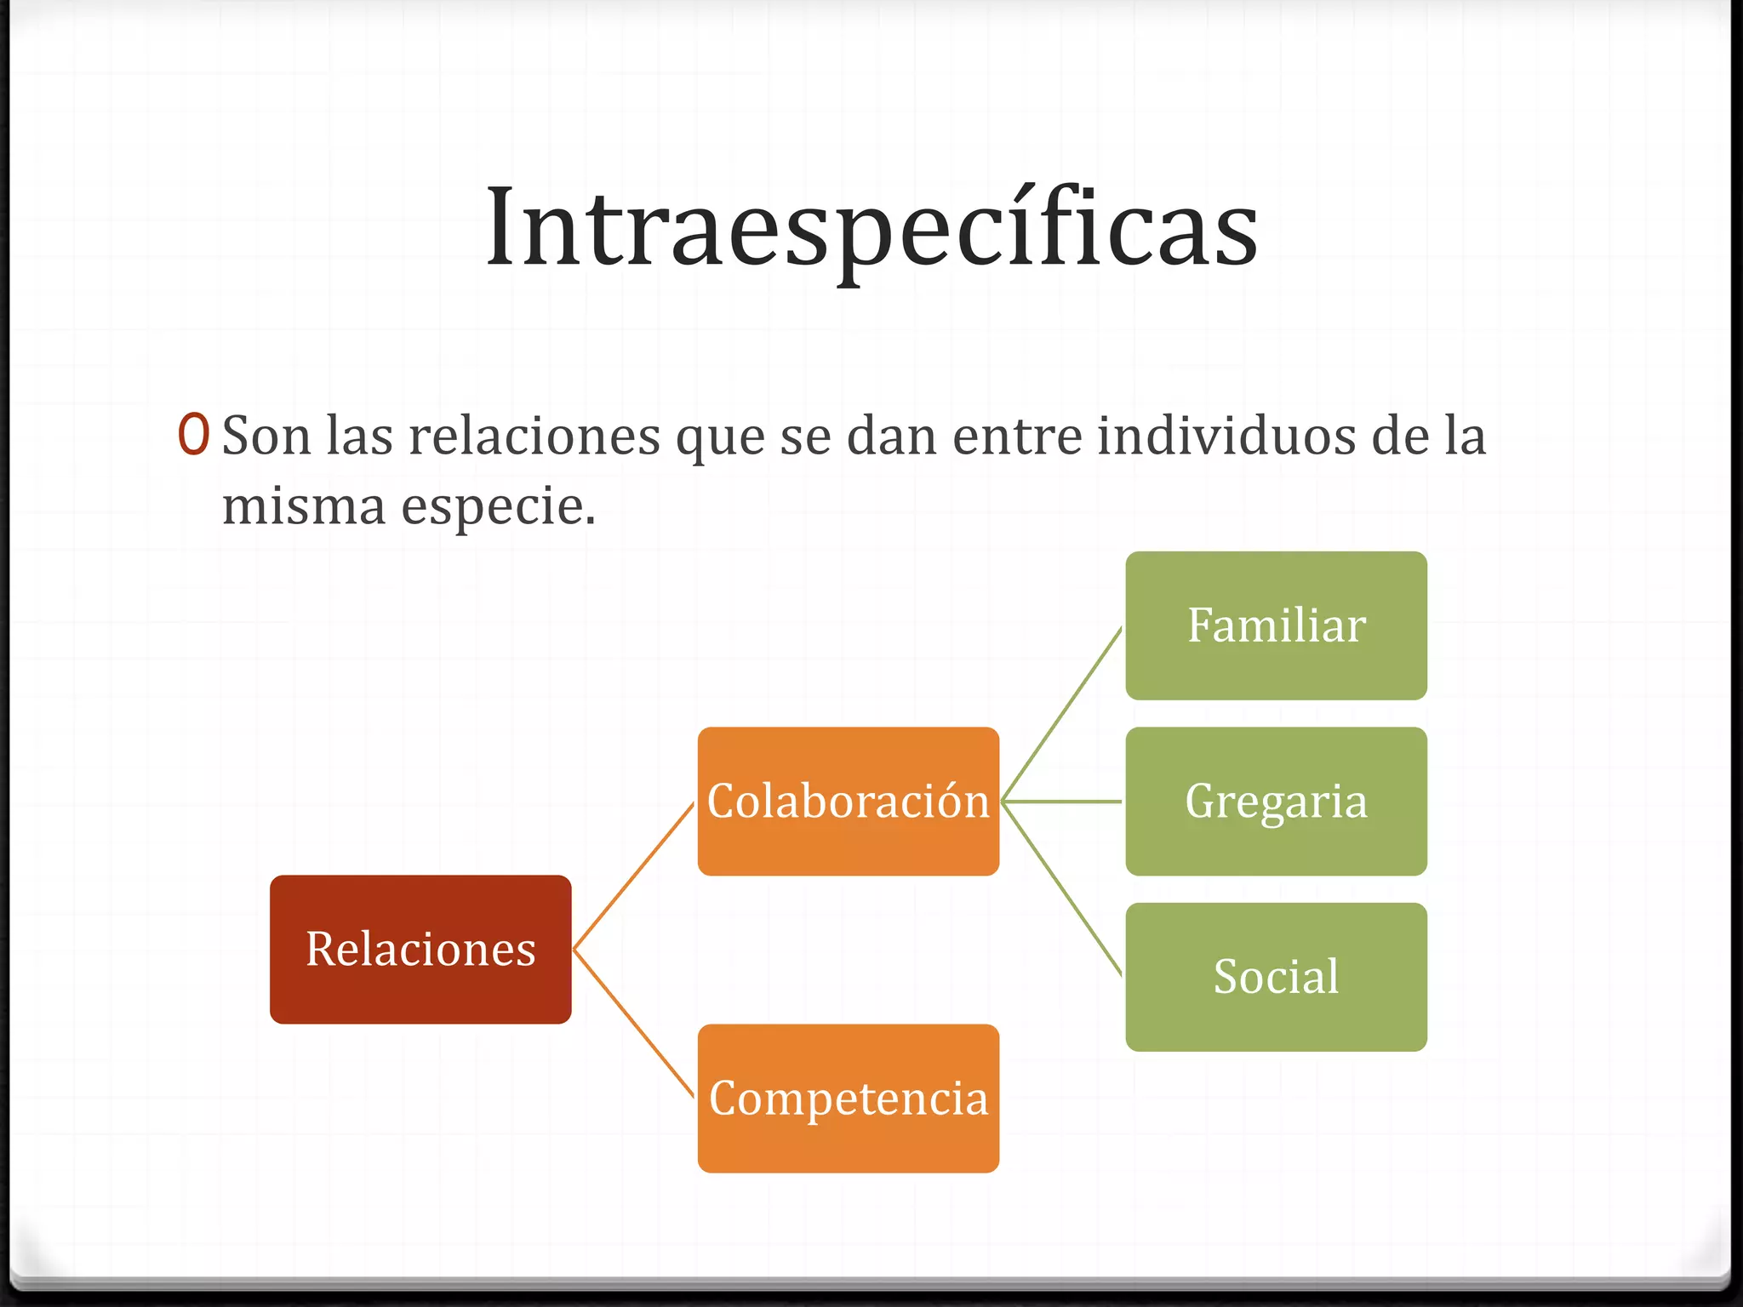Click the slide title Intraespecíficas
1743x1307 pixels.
(871, 228)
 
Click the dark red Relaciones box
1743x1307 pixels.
(420, 949)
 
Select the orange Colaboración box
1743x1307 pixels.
(848, 801)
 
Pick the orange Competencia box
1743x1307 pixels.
(848, 1098)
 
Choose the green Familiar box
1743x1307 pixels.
(1276, 625)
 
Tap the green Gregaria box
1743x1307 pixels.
(1276, 801)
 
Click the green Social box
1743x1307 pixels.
(1276, 976)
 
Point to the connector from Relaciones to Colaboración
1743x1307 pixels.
(634, 876)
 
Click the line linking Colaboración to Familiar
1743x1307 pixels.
(1062, 714)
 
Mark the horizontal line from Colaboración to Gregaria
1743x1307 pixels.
(1062, 802)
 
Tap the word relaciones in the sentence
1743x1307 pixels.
(534, 436)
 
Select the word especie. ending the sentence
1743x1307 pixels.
(498, 506)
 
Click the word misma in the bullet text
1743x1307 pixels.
(304, 506)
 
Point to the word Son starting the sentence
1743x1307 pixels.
(266, 436)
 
